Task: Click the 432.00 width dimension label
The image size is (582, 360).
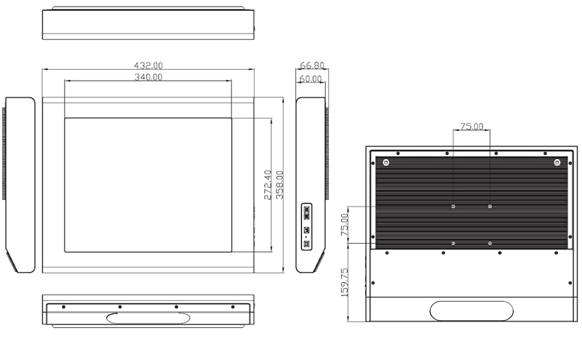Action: coord(148,65)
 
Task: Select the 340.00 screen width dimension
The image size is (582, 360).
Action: coord(148,77)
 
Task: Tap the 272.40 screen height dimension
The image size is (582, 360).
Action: coord(268,185)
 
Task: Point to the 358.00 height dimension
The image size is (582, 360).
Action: coord(279,185)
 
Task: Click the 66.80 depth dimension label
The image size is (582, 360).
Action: coord(312,65)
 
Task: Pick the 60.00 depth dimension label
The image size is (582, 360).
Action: coord(311,79)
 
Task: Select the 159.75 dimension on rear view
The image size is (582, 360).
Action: coord(344,282)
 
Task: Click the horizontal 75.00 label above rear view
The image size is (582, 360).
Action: coord(471,127)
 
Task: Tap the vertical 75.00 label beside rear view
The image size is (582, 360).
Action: coord(344,225)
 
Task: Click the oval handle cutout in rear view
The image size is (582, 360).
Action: coord(471,311)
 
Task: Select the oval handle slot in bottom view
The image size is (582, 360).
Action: coord(148,318)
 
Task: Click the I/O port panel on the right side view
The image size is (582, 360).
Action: coord(306,226)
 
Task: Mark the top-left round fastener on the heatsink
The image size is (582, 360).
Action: coord(386,163)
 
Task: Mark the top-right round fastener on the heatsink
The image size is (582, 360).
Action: coord(557,163)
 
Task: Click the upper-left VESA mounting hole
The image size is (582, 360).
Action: coord(453,207)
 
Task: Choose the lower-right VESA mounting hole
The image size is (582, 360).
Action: coord(490,244)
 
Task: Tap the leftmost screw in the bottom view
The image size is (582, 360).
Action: coord(63,307)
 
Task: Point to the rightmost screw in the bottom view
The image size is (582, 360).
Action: coord(233,307)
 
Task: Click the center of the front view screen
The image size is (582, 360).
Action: coord(148,185)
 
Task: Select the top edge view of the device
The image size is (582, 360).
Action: coord(148,23)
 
